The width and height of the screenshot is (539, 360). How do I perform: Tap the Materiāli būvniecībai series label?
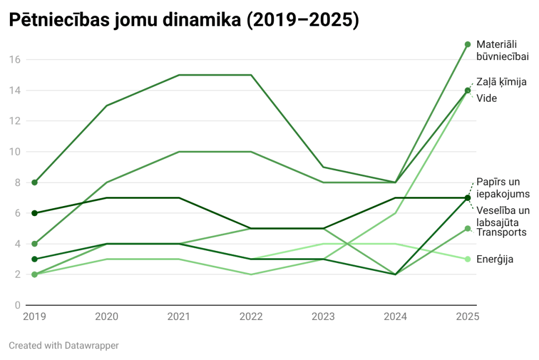pyautogui.click(x=502, y=50)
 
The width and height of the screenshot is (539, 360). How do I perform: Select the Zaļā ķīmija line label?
pyautogui.click(x=502, y=82)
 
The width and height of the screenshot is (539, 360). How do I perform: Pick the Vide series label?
pyautogui.click(x=487, y=98)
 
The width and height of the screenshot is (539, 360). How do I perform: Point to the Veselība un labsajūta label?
pyautogui.click(x=502, y=216)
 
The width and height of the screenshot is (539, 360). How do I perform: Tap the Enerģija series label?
pyautogui.click(x=495, y=259)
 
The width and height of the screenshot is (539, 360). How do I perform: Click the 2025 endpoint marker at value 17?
pyautogui.click(x=467, y=44)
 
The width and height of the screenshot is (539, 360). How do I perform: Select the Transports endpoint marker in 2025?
pyautogui.click(x=467, y=229)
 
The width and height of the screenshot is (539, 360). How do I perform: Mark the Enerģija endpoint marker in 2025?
pyautogui.click(x=467, y=259)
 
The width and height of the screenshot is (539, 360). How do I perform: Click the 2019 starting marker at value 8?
pyautogui.click(x=35, y=183)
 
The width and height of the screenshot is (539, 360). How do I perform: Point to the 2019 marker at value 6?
pyautogui.click(x=35, y=213)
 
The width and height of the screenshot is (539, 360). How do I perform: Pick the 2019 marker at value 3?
pyautogui.click(x=35, y=259)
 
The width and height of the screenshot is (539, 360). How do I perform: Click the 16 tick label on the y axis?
pyautogui.click(x=15, y=60)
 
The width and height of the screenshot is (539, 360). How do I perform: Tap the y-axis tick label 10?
pyautogui.click(x=15, y=152)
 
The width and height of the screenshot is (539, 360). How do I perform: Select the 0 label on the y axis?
pyautogui.click(x=17, y=305)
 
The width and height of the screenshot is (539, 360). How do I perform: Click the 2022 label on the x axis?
pyautogui.click(x=251, y=317)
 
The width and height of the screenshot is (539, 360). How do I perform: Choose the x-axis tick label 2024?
pyautogui.click(x=395, y=317)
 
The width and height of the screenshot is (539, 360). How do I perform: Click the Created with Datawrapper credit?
pyautogui.click(x=64, y=346)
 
